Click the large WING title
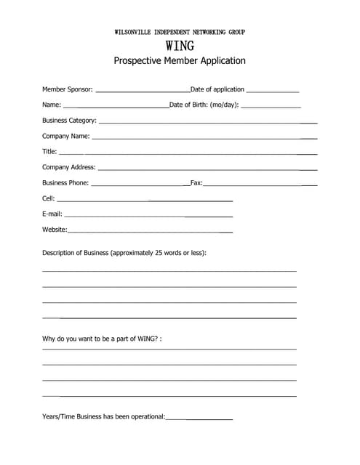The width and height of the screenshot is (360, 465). [x=180, y=46]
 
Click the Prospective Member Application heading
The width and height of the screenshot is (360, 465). [x=180, y=61]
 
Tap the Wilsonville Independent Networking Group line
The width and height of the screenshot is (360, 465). [x=180, y=33]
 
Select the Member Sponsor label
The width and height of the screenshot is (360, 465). [x=68, y=89]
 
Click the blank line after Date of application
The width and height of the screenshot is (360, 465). [x=273, y=92]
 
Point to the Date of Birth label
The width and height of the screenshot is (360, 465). [x=204, y=105]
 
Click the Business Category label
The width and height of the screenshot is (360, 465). [x=69, y=121]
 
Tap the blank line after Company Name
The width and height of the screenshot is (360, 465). [x=204, y=138]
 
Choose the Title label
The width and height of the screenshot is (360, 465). [x=49, y=152]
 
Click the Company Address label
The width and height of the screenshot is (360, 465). [x=69, y=167]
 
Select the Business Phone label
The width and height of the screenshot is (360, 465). [x=65, y=183]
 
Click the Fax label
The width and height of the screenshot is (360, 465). [x=196, y=183]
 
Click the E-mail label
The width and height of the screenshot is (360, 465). [x=52, y=214]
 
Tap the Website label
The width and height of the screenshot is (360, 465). [x=55, y=230]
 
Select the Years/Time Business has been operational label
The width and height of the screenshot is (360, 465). [x=104, y=417]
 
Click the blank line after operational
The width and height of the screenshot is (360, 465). [x=199, y=419]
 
